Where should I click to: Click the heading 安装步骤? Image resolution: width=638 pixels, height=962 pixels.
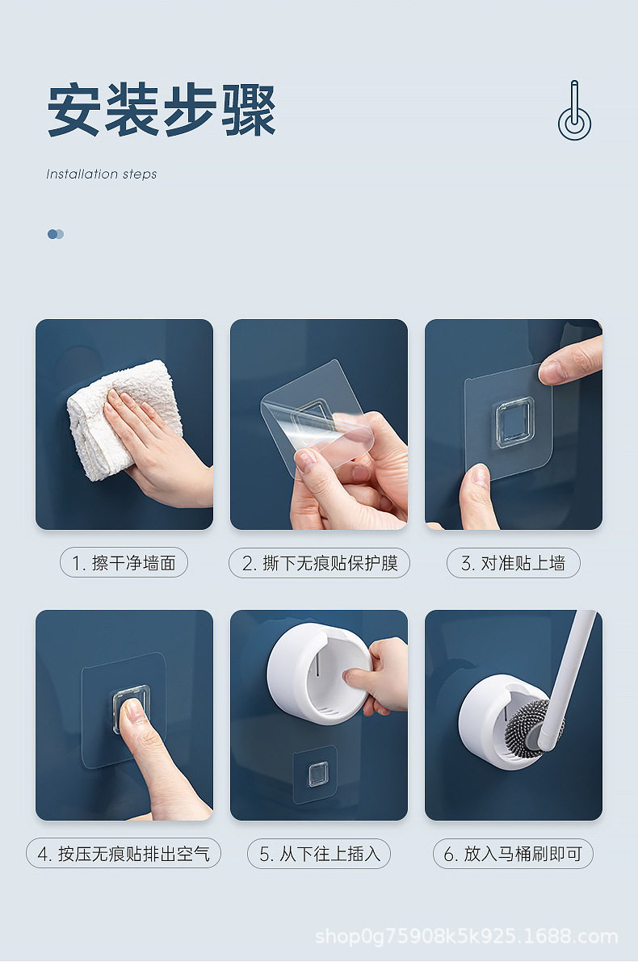(x=162, y=111)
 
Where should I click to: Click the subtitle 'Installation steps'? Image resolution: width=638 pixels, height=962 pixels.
(x=102, y=174)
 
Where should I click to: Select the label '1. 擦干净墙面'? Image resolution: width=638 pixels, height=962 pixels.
(x=124, y=563)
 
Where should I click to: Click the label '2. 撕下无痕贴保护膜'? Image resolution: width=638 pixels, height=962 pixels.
(x=319, y=563)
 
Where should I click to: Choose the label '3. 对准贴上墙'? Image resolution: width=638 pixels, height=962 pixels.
(x=513, y=563)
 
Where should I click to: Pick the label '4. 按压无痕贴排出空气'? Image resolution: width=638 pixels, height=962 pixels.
(x=124, y=854)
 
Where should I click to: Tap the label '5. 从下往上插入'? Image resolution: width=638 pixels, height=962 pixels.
(x=319, y=854)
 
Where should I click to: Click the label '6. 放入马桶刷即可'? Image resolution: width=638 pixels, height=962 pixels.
(x=513, y=854)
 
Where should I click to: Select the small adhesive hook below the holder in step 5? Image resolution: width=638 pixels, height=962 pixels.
(x=315, y=774)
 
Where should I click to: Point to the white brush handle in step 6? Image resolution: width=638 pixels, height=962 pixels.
(x=573, y=662)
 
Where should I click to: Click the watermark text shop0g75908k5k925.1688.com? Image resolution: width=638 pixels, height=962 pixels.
(x=466, y=937)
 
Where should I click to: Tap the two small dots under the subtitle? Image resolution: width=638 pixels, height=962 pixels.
(x=55, y=234)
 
